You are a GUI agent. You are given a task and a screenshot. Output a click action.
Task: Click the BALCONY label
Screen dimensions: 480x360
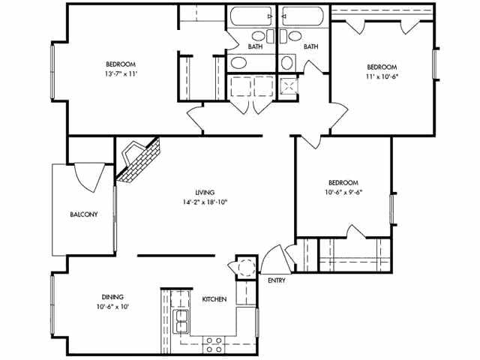pyautogui.click(x=84, y=214)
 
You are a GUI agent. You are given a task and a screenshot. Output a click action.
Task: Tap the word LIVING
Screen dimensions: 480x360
pyautogui.click(x=205, y=192)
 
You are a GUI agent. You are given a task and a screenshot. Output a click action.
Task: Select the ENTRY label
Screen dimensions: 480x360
pyautogui.click(x=277, y=280)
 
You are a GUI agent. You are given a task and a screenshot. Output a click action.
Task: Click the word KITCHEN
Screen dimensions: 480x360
pyautogui.click(x=214, y=299)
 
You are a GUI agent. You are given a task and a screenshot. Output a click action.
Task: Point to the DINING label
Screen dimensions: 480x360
pyautogui.click(x=112, y=297)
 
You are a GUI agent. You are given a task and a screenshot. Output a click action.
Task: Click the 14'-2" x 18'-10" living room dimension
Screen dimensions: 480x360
pyautogui.click(x=205, y=202)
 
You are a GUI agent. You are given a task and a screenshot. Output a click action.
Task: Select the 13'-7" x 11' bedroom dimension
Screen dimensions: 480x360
pyautogui.click(x=120, y=73)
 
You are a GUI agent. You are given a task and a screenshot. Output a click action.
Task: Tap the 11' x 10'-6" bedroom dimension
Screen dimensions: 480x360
pyautogui.click(x=382, y=76)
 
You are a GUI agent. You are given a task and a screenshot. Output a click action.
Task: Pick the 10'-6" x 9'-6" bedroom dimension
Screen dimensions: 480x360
pyautogui.click(x=343, y=192)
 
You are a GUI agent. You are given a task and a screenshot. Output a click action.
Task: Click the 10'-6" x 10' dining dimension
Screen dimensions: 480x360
pyautogui.click(x=112, y=307)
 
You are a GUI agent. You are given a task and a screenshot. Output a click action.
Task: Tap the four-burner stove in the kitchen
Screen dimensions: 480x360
pyautogui.click(x=214, y=344)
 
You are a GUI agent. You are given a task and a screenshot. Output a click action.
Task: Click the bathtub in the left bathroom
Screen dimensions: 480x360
pyautogui.click(x=251, y=16)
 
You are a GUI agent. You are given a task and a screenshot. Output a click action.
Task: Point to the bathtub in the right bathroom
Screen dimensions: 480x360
pyautogui.click(x=303, y=16)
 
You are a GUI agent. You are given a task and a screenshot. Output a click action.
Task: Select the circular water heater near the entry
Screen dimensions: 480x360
pyautogui.click(x=247, y=267)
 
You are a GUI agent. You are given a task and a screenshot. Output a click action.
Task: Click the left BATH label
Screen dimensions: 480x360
pyautogui.click(x=255, y=46)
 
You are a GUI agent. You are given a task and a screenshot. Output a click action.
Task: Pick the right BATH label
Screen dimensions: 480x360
pyautogui.click(x=310, y=46)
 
